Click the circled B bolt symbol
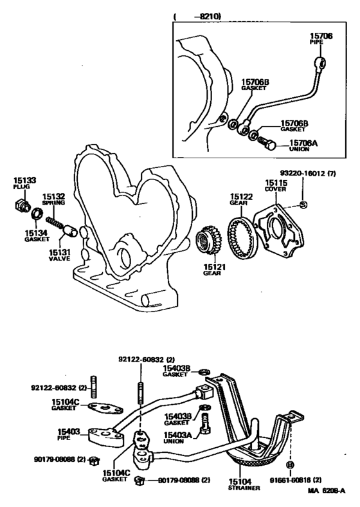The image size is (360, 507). tap(290, 464)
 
